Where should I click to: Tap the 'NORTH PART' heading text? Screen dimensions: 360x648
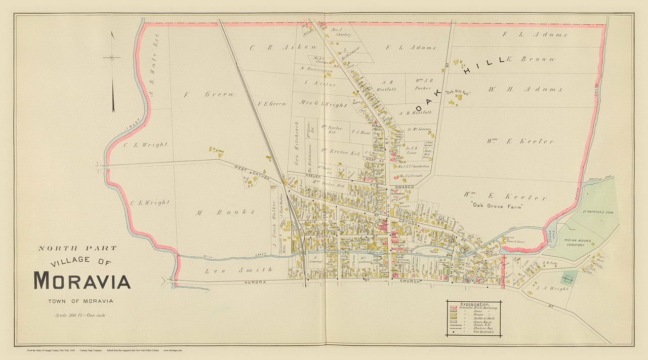tap(77, 248)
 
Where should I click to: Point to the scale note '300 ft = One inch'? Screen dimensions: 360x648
tap(83, 315)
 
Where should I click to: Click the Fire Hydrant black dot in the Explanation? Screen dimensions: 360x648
tap(454, 333)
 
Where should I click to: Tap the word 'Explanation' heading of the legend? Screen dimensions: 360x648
tap(474, 303)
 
